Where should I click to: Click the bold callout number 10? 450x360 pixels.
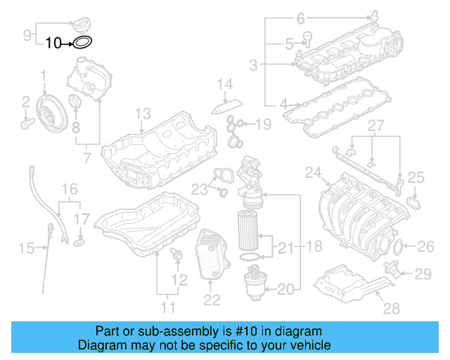(54, 43)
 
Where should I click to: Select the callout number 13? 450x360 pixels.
(143, 114)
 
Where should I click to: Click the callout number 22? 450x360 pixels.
(212, 300)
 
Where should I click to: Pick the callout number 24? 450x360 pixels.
(313, 172)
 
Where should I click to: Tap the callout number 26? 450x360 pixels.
(426, 246)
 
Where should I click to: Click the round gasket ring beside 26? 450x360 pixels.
(398, 247)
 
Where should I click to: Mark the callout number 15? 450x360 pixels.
(26, 247)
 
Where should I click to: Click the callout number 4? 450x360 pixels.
(285, 105)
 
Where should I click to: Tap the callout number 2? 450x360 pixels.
(25, 102)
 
